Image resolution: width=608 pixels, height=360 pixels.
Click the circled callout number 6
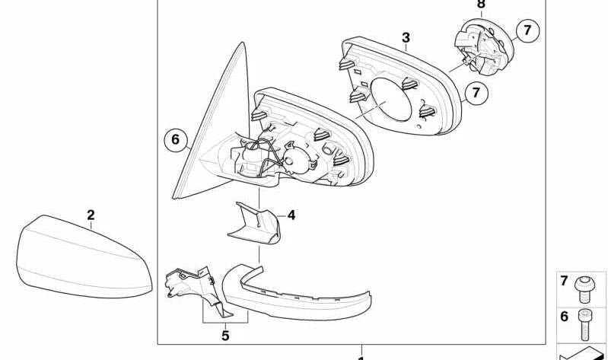click(175, 139)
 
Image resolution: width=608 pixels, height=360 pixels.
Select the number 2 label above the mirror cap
click(91, 215)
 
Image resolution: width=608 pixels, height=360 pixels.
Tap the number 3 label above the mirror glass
click(406, 38)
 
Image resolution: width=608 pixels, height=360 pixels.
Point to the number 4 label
click(291, 215)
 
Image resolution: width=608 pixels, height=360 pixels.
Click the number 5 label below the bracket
click(225, 336)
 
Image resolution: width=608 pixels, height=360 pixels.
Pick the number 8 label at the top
click(481, 5)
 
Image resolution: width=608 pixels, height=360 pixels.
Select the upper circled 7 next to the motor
click(527, 30)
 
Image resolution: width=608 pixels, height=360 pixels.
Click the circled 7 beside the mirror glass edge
click(476, 93)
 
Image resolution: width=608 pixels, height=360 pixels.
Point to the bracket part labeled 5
click(194, 287)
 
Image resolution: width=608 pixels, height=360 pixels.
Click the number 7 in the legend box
click(564, 281)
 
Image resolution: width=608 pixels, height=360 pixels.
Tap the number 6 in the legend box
click(564, 317)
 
